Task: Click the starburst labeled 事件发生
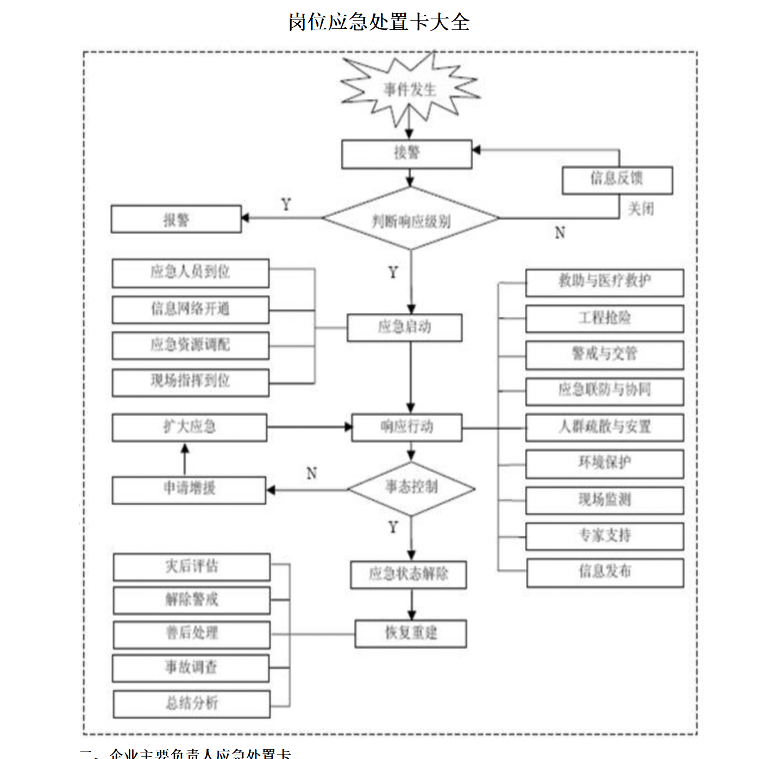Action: (x=410, y=90)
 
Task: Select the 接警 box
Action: (x=406, y=154)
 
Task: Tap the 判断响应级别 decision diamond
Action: (x=411, y=219)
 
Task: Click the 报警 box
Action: (x=176, y=219)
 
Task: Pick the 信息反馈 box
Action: (x=617, y=180)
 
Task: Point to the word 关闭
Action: (x=641, y=209)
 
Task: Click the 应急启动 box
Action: (x=405, y=328)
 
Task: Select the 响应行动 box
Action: (x=407, y=428)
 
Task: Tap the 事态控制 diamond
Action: (x=411, y=488)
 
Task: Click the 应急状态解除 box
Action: (x=409, y=575)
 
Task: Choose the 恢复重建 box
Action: (x=411, y=633)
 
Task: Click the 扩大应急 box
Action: (x=190, y=428)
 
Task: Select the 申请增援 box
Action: (x=189, y=490)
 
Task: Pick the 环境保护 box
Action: (x=604, y=464)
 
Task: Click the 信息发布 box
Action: (x=605, y=573)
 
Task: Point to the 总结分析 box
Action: (x=192, y=704)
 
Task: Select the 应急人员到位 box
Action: (x=190, y=273)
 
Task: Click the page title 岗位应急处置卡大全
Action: (x=379, y=22)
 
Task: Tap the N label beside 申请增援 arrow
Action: (x=311, y=473)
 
